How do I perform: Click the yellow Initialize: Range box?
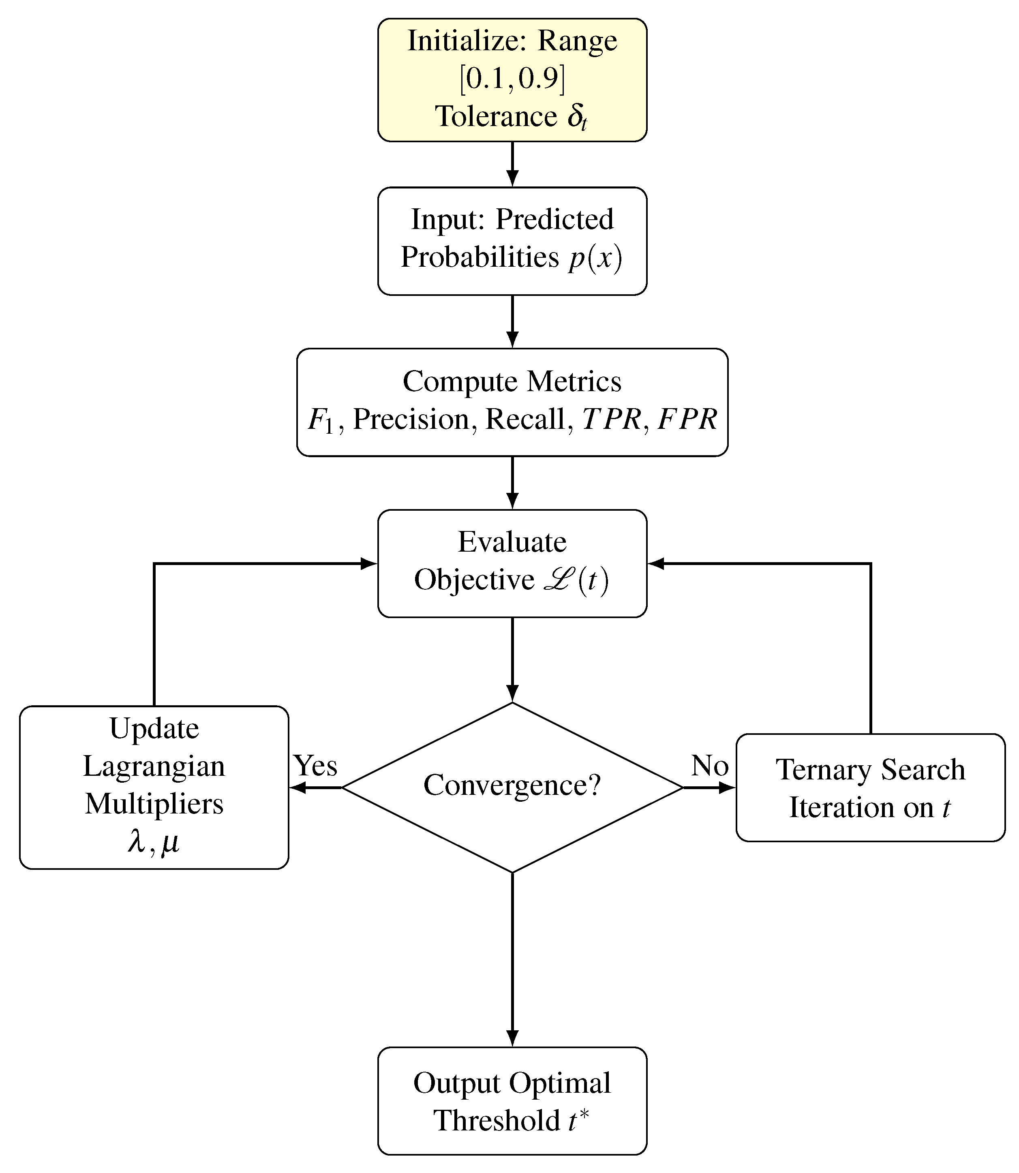512,79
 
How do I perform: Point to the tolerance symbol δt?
577,118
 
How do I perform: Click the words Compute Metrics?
512,381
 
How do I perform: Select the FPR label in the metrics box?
687,420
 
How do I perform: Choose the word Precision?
411,420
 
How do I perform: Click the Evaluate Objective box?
512,563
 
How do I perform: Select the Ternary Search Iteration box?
870,788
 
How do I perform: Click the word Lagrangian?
154,766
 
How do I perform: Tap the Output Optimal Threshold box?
512,1101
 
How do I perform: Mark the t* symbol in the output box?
578,1119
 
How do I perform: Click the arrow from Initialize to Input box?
512,164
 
